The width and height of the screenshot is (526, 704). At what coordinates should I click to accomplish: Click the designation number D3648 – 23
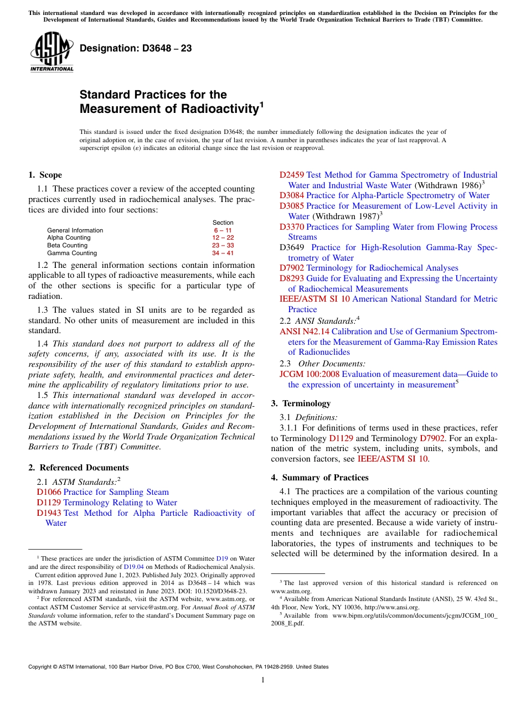(x=136, y=49)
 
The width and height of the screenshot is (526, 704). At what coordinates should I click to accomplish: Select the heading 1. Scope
(x=45, y=175)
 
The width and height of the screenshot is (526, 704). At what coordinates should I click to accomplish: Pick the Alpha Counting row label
(x=69, y=238)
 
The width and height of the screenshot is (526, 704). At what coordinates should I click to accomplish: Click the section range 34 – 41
(x=223, y=253)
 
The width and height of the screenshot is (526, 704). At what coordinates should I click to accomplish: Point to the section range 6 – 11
(x=223, y=230)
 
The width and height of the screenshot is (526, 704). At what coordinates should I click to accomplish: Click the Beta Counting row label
(x=67, y=245)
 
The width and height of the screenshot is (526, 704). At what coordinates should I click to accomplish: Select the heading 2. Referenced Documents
(x=78, y=468)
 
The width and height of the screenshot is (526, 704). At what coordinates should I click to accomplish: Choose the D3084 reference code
(x=291, y=195)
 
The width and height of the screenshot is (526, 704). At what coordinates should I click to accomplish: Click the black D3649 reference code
(x=291, y=247)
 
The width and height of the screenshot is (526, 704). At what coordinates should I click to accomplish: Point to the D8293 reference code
(x=291, y=278)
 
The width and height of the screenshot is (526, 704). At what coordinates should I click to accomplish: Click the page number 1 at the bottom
(x=263, y=680)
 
